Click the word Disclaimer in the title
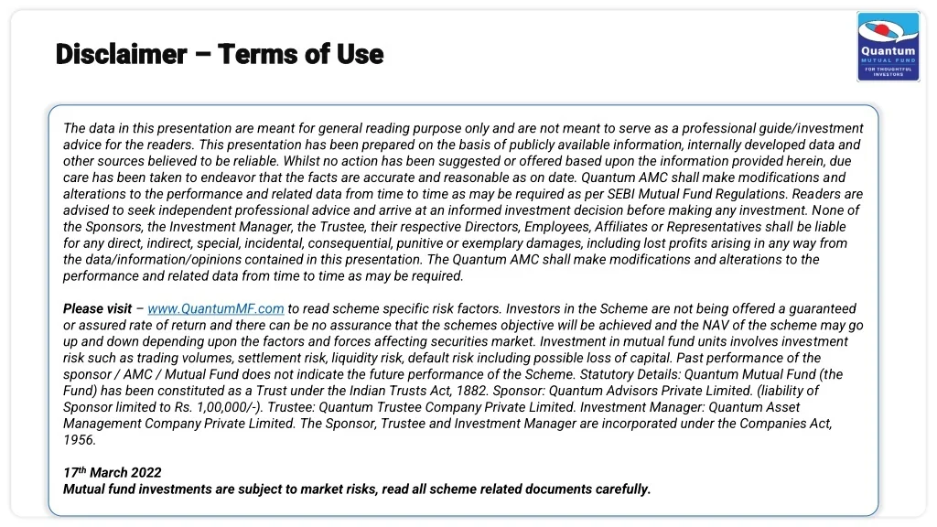(x=121, y=54)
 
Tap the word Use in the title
(x=360, y=54)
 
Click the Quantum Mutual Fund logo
(x=888, y=47)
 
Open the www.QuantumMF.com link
(x=216, y=309)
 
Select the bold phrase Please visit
(x=97, y=309)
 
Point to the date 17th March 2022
(x=112, y=472)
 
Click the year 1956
(x=79, y=440)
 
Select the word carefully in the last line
(x=622, y=489)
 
